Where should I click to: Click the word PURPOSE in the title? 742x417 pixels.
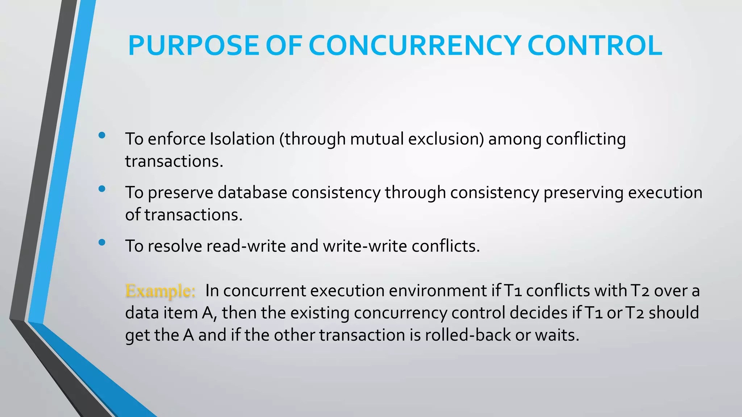193,46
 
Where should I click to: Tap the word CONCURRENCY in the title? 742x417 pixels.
415,46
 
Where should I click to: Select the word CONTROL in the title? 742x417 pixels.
595,46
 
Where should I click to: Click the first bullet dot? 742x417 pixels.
102,135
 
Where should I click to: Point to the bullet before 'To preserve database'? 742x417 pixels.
102,189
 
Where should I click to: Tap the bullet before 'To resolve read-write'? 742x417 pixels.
102,242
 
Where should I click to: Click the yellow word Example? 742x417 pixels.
160,291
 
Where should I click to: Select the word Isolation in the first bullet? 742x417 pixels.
242,139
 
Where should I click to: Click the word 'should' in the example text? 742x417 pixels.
674,313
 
